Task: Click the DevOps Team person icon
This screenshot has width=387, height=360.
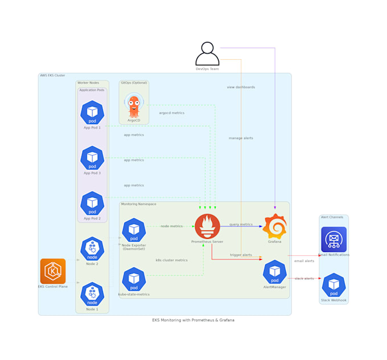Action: point(207,54)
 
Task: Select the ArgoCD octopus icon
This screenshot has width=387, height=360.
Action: point(134,106)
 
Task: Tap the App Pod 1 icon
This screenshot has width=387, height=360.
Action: point(92,113)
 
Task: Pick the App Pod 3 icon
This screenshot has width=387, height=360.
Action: point(92,158)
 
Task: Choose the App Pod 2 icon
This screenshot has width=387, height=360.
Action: point(92,204)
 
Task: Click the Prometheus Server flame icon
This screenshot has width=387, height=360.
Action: point(207,226)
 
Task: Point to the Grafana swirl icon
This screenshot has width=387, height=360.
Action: point(274,226)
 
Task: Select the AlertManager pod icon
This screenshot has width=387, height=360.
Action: point(274,272)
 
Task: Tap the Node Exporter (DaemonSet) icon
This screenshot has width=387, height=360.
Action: point(134,230)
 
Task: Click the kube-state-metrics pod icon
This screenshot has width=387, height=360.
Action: point(134,279)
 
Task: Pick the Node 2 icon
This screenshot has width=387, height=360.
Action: point(92,249)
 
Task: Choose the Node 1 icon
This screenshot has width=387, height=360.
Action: point(92,294)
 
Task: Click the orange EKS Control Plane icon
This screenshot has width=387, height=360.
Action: point(53,271)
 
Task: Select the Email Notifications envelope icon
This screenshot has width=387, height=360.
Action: point(334,239)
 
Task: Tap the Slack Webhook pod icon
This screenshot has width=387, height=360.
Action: point(334,285)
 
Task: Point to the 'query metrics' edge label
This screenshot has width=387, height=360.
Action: point(241,225)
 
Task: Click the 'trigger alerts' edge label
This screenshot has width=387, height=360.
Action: point(241,255)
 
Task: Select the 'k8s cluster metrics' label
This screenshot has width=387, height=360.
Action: point(171,260)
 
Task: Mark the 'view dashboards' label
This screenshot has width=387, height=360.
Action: point(241,88)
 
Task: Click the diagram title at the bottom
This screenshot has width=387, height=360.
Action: point(193,320)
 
